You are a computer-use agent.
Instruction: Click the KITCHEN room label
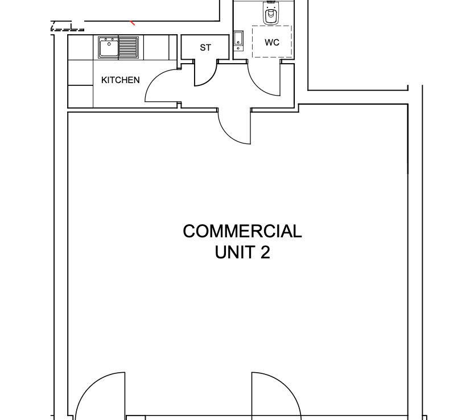(121, 80)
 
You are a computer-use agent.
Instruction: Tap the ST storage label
(205, 48)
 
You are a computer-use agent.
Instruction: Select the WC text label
(272, 43)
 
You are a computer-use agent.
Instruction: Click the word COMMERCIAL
(242, 231)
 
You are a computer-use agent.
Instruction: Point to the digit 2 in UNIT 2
(265, 252)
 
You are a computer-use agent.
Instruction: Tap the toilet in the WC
(271, 13)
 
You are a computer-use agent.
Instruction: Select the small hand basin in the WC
(238, 41)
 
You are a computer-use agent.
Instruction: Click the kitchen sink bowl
(109, 47)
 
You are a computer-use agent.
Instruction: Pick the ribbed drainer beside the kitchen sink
(128, 47)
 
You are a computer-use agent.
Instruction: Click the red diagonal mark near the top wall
(132, 23)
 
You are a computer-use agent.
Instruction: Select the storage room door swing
(210, 79)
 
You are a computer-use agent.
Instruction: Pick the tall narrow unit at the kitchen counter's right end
(173, 47)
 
